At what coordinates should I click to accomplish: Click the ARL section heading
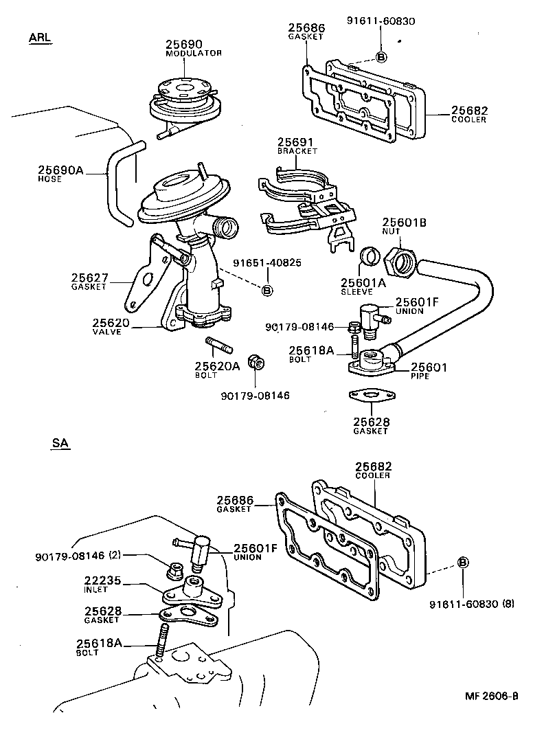(x=40, y=37)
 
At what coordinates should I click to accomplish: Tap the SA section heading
(x=60, y=444)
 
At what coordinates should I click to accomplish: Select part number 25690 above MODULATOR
(x=183, y=45)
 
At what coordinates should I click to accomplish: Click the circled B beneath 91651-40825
(x=267, y=291)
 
